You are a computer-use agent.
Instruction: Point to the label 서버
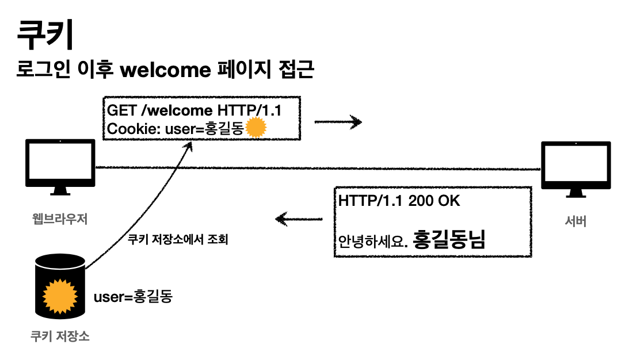[576, 220]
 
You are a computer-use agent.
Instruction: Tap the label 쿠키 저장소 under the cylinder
[60, 336]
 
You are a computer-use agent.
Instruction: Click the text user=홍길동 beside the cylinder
[133, 297]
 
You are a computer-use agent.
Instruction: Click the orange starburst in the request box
[256, 128]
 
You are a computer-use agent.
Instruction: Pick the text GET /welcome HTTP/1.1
[195, 110]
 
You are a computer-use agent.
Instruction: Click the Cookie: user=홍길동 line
[176, 129]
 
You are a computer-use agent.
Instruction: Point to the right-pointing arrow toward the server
[338, 122]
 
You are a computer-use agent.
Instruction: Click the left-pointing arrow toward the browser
[299, 219]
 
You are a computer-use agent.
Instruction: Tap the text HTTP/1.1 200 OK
[399, 201]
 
